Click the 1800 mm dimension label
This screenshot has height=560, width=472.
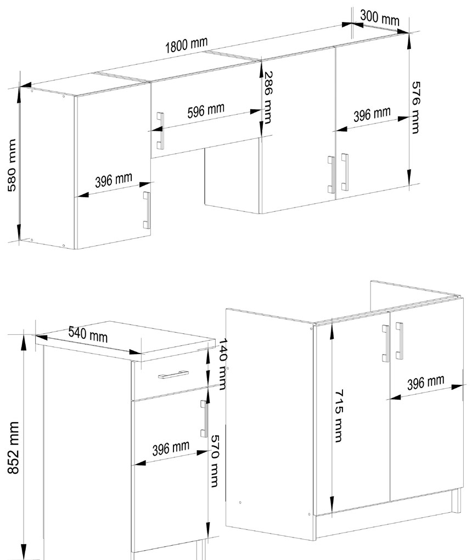click(186, 44)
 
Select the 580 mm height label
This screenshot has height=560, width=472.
click(12, 165)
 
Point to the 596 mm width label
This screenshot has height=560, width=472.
click(206, 111)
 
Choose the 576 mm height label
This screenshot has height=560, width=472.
click(415, 108)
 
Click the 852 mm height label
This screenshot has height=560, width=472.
click(13, 447)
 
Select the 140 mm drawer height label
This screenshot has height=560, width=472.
click(222, 365)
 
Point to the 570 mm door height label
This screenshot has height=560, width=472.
click(213, 461)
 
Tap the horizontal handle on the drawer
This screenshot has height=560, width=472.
click(173, 374)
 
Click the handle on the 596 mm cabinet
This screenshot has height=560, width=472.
click(160, 131)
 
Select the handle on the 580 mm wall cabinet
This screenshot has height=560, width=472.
click(147, 210)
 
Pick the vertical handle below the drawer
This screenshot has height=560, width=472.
click(204, 418)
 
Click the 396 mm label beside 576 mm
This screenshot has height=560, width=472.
click(372, 114)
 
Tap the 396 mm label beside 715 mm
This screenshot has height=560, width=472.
click(425, 383)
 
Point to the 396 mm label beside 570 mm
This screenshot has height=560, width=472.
click(171, 449)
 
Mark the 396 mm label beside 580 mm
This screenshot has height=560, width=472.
click(114, 180)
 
